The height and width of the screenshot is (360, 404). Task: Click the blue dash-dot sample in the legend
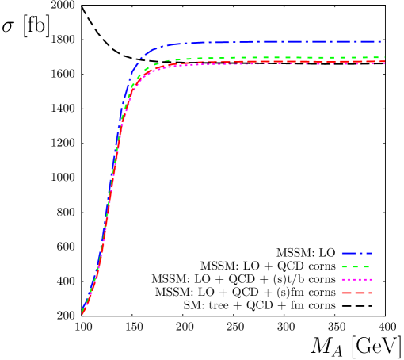pos(356,254)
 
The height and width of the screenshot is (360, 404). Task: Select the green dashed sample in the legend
pos(356,267)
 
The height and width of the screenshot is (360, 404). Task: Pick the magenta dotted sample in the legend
pos(356,280)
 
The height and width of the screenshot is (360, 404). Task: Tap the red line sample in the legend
pos(356,293)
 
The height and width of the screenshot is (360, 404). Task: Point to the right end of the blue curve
pos(380,41)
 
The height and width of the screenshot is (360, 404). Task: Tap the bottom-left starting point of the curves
pos(82,313)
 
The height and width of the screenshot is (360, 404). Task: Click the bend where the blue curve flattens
pos(147,54)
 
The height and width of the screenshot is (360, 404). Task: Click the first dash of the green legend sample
pos(345,267)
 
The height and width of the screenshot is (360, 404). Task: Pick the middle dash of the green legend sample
pos(356,267)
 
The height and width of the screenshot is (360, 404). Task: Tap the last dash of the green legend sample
pos(367,267)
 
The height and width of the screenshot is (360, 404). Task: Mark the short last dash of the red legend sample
pos(368,293)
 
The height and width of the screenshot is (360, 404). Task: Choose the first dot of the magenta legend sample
pos(343,280)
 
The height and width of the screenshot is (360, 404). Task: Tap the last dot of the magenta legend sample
pos(370,280)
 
